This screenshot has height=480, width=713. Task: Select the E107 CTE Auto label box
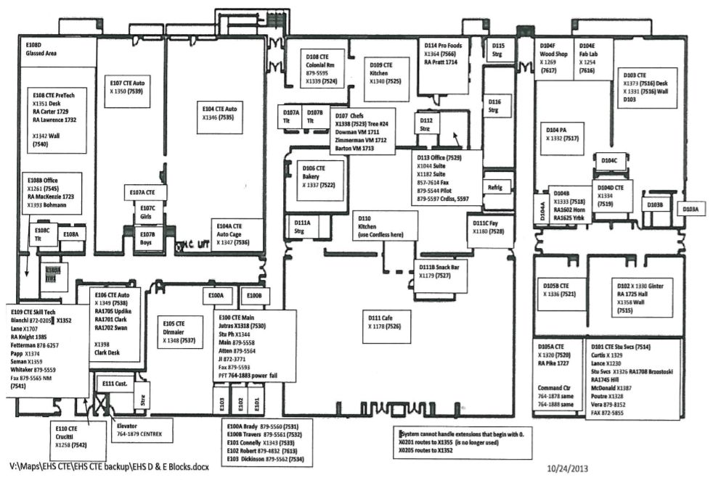point(128,87)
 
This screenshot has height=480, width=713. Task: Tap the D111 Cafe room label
point(385,322)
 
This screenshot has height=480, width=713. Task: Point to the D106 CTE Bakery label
point(318,176)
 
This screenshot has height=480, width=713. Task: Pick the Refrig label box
point(495,186)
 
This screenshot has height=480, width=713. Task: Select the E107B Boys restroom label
point(147,239)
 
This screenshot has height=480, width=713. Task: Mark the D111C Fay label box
point(488,227)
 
